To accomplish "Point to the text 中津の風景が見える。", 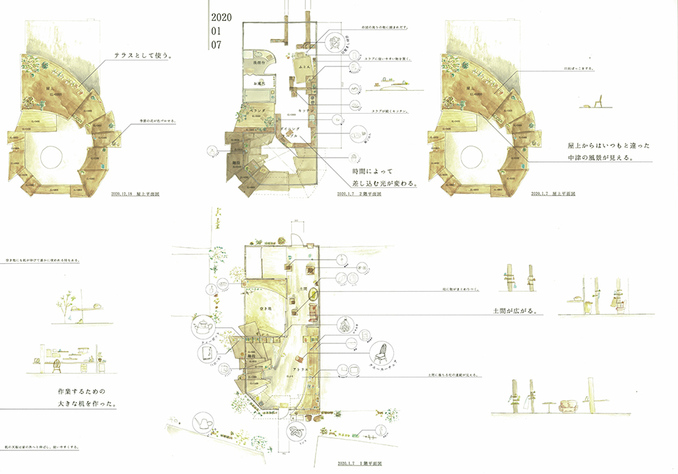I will coord(609,157).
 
